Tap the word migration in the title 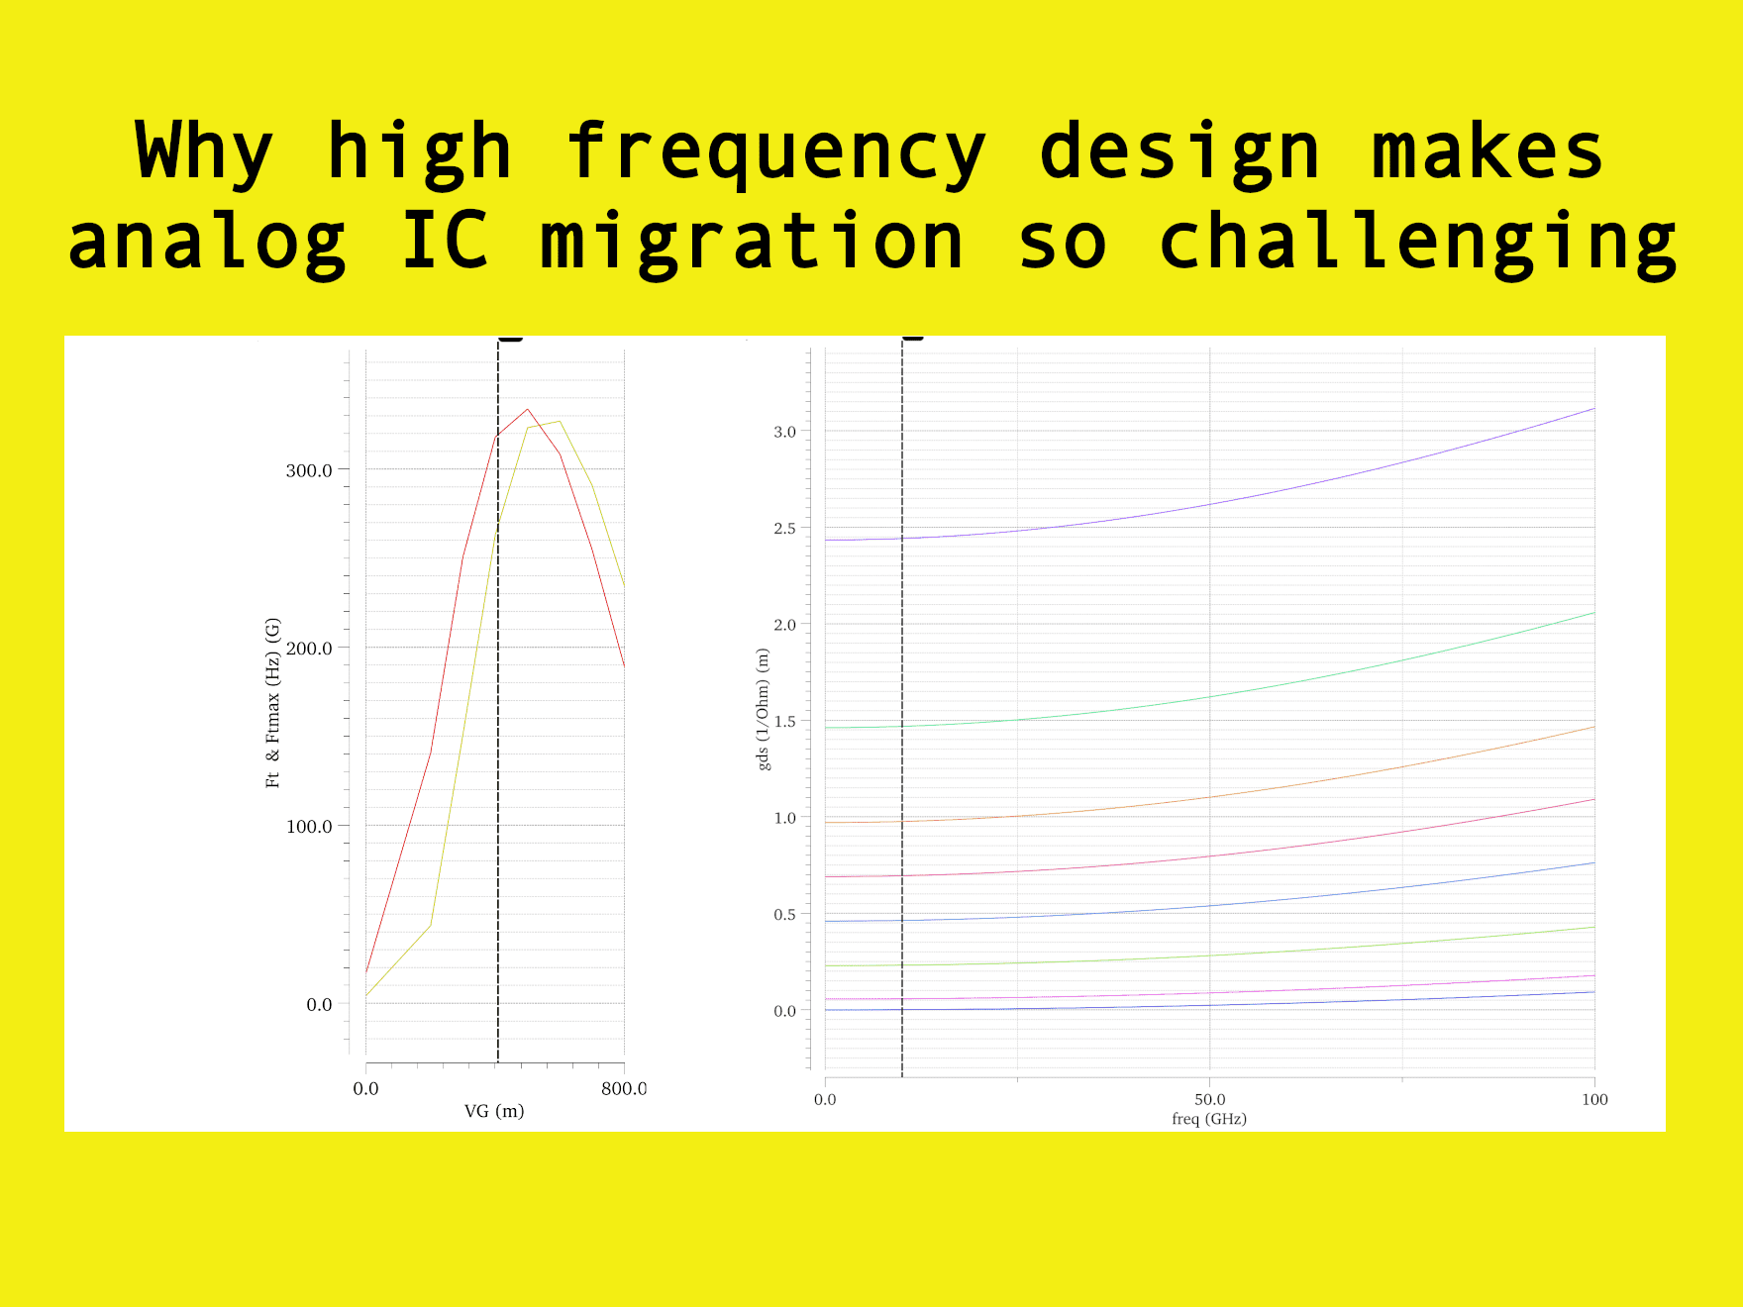(x=752, y=243)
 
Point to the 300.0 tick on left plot (x=309, y=470)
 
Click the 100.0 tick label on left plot (x=309, y=826)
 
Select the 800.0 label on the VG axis (x=624, y=1088)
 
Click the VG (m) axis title (x=494, y=1111)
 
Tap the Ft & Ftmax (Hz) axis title (x=273, y=703)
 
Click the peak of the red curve (x=528, y=409)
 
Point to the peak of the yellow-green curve (x=560, y=421)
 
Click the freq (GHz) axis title (x=1208, y=1119)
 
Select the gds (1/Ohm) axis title (x=763, y=709)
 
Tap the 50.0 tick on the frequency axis (x=1209, y=1099)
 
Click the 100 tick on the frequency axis (x=1593, y=1099)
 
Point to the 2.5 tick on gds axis (x=784, y=529)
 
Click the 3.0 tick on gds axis (x=784, y=432)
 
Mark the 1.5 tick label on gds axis (x=784, y=722)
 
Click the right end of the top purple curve (x=1593, y=408)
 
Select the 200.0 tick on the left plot (x=309, y=649)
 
